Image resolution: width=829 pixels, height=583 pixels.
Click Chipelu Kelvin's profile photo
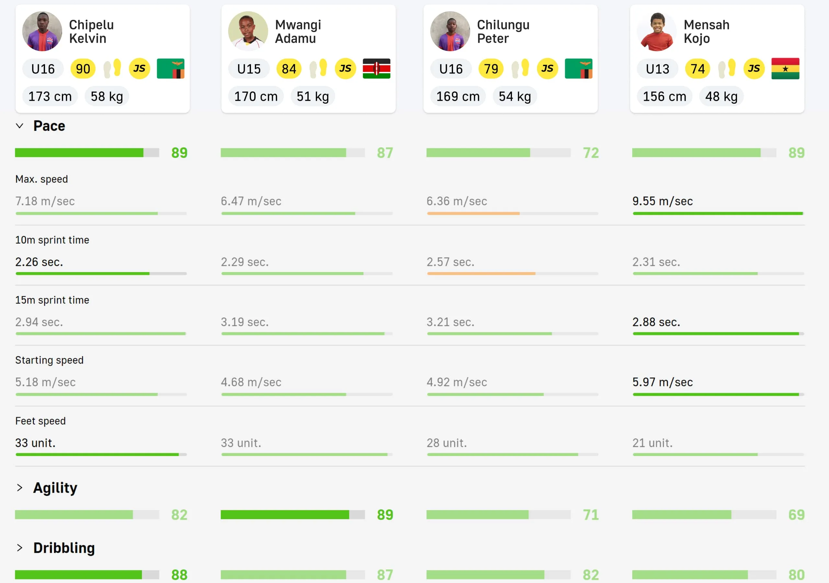coord(42,31)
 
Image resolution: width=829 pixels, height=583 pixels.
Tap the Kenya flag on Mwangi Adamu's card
coord(376,69)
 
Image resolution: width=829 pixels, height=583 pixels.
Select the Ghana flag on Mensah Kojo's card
coord(785,69)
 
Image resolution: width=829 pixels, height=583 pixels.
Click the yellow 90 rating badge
coord(83,69)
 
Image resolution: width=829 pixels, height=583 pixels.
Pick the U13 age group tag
coord(657,69)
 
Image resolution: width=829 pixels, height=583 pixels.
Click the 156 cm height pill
coord(664,97)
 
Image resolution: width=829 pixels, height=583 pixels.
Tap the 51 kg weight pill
coord(313,97)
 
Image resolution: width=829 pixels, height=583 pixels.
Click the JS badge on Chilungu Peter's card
coord(547,69)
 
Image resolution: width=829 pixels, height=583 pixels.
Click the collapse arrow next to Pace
coord(20,126)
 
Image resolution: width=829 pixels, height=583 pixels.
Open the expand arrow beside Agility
coord(20,488)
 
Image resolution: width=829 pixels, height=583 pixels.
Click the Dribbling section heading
coord(64,548)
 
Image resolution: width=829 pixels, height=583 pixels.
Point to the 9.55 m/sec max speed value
coord(662,201)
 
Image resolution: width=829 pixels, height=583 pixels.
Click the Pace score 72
coord(591,153)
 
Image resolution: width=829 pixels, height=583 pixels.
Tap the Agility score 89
coord(385,515)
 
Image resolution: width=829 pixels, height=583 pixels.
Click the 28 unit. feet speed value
coord(447,442)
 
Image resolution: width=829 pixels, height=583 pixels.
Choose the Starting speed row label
coord(50,360)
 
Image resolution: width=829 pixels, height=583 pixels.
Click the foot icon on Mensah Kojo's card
coord(726,69)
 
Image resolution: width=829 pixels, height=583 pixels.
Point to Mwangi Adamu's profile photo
coord(248,31)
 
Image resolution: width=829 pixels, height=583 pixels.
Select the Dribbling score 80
coord(797,574)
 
